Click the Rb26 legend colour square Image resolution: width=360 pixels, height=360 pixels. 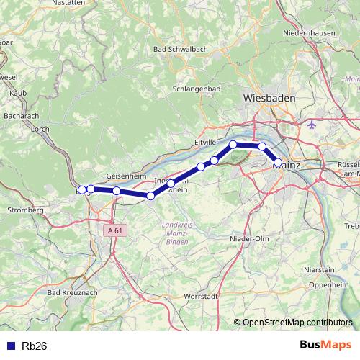(9, 346)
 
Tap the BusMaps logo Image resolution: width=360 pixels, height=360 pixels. (325, 345)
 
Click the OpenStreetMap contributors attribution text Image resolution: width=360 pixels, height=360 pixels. (297, 322)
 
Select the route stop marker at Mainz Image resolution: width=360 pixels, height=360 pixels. (277, 163)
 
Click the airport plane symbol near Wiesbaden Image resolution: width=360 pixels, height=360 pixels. (312, 125)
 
